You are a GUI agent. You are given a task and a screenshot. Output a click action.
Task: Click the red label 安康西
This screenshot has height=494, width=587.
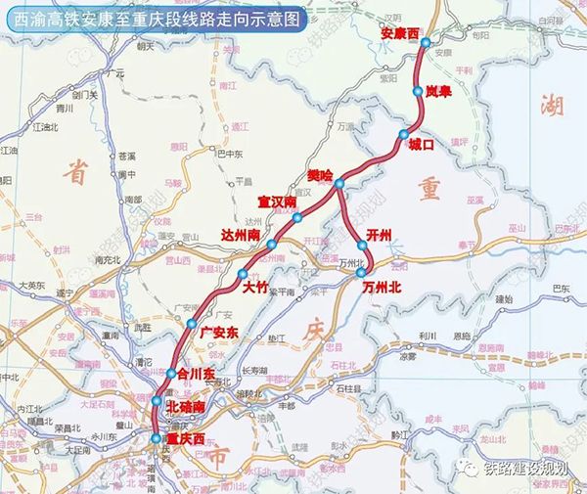pos(399,33)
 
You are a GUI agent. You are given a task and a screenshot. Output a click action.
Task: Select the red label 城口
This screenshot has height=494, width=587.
pos(421,144)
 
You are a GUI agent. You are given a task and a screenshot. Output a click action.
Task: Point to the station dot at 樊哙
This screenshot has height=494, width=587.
pos(339,184)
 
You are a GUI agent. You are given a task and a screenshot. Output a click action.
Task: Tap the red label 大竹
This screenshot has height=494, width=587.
pos(254,288)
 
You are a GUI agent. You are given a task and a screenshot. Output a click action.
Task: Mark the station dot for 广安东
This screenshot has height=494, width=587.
pos(193,323)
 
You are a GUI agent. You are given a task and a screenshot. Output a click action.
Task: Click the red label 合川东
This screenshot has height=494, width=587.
pos(195,373)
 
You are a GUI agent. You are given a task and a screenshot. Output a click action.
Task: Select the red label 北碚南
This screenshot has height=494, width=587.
pos(187,405)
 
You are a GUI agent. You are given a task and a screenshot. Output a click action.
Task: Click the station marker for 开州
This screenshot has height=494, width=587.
pos(362,246)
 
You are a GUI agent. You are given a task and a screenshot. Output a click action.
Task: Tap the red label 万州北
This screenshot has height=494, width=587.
pos(383,288)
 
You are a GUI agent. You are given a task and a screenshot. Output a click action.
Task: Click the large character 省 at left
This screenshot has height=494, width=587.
pos(74,172)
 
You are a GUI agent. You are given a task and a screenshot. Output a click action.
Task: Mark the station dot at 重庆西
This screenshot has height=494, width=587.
pos(156,439)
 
